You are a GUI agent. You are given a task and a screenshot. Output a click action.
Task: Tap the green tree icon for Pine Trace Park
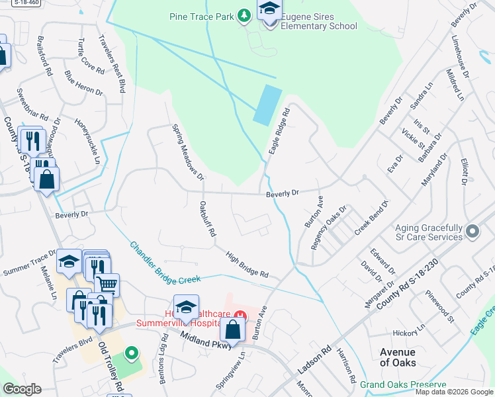tap(244, 15)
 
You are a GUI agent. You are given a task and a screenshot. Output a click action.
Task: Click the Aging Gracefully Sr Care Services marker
tap(472, 232)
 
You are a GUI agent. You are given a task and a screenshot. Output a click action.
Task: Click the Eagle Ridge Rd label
tap(279, 132)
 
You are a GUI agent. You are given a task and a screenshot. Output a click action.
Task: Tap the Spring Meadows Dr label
tap(187, 152)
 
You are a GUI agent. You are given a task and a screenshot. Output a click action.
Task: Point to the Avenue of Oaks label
tap(397, 357)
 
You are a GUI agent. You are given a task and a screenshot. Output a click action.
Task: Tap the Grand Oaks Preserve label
tap(403, 384)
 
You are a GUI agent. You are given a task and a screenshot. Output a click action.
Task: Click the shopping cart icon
tap(107, 285)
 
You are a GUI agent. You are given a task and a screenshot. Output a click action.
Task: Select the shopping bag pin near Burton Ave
tap(233, 329)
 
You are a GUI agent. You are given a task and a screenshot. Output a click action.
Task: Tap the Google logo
tap(22, 388)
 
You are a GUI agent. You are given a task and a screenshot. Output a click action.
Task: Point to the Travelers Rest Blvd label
tap(112, 63)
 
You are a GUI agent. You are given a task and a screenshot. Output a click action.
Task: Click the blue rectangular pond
tap(266, 105)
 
